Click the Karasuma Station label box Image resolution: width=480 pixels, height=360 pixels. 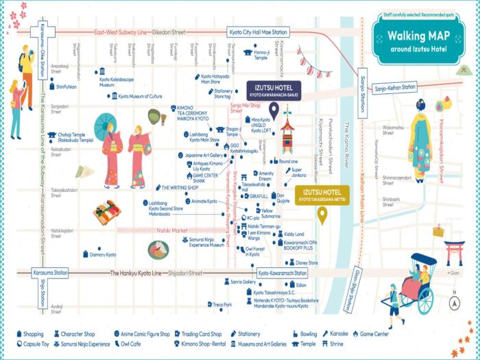50,272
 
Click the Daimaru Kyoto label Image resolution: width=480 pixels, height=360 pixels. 103,254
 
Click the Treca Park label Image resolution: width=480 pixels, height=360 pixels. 222,304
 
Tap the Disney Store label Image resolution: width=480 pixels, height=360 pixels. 307,263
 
